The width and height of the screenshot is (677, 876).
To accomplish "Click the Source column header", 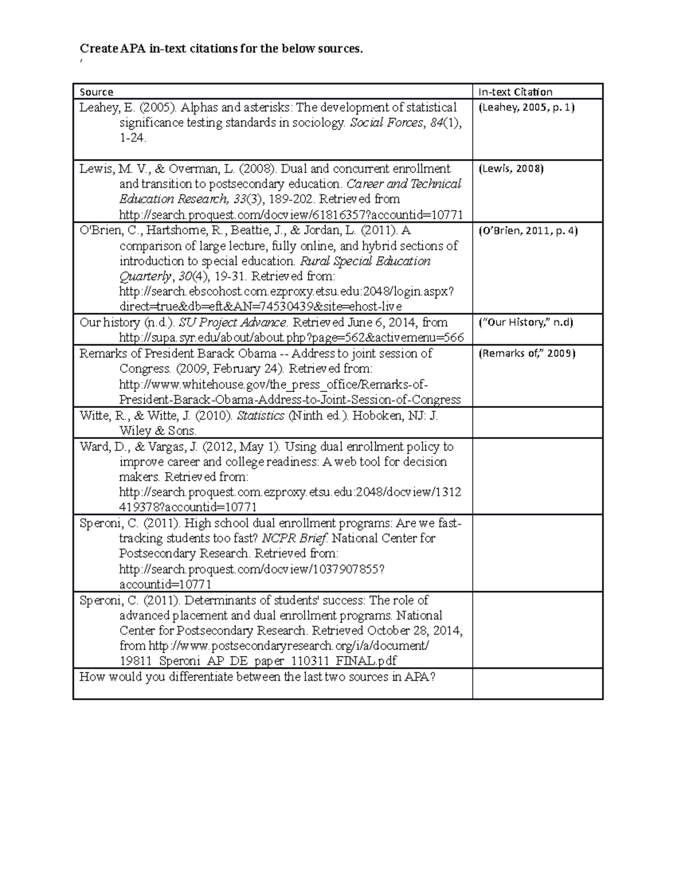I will pos(96,92).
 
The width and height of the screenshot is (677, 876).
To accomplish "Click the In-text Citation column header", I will pos(515,92).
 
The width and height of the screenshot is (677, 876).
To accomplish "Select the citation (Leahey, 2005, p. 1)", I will pos(526,107).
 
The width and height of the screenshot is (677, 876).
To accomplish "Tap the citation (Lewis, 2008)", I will pos(511,169).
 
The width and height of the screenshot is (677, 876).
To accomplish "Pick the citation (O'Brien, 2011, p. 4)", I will pos(528,230).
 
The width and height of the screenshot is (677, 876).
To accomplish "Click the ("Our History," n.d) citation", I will pos(526,323).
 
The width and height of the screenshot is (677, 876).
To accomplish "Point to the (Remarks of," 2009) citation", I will pos(527,354).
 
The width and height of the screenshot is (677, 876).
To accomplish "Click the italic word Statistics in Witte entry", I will pos(260,416).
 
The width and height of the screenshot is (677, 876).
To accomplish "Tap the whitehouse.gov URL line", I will pos(274,385).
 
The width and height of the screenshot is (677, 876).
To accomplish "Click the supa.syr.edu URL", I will pos(292,338).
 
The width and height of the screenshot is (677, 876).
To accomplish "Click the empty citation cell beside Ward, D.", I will pos(537,476).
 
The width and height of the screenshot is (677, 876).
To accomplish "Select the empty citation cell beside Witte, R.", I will pos(537,422).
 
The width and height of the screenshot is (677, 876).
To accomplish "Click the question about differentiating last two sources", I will pos(257,677).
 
